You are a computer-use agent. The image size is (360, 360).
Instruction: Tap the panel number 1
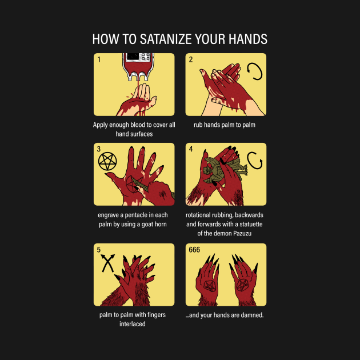[99, 59]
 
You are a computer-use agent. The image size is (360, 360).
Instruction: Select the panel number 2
[191, 59]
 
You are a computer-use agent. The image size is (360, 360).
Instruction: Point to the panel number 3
[99, 149]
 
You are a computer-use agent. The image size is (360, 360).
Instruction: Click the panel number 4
[191, 149]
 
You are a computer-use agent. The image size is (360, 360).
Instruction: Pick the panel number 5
[99, 250]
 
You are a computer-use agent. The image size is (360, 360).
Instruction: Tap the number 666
[194, 250]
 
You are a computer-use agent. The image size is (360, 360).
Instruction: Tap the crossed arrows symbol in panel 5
[107, 265]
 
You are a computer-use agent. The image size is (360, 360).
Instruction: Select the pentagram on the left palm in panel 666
[209, 284]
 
